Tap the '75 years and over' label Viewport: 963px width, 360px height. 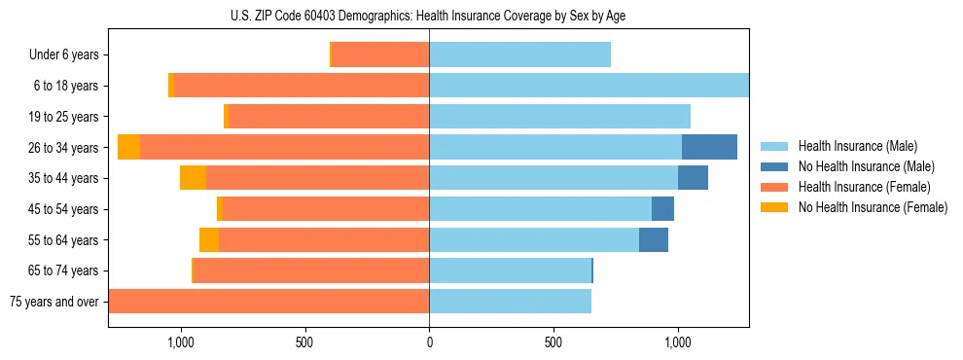click(x=53, y=302)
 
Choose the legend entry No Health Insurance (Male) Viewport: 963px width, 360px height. click(x=866, y=166)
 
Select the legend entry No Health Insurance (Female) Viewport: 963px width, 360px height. click(x=873, y=207)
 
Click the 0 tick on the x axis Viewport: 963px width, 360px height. click(x=429, y=342)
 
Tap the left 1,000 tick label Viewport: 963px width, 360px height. click(x=180, y=342)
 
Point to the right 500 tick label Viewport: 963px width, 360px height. click(x=553, y=342)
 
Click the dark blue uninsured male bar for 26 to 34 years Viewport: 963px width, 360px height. click(x=709, y=147)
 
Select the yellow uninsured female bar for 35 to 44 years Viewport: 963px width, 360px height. click(x=193, y=178)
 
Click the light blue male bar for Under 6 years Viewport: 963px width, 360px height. click(x=519, y=54)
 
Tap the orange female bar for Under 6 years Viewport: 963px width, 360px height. click(x=380, y=54)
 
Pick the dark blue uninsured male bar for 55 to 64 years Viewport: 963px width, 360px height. click(x=654, y=239)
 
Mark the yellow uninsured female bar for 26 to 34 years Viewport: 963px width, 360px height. click(x=128, y=147)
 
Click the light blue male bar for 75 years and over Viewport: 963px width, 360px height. click(x=510, y=302)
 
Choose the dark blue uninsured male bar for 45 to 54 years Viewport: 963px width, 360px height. click(x=662, y=208)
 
